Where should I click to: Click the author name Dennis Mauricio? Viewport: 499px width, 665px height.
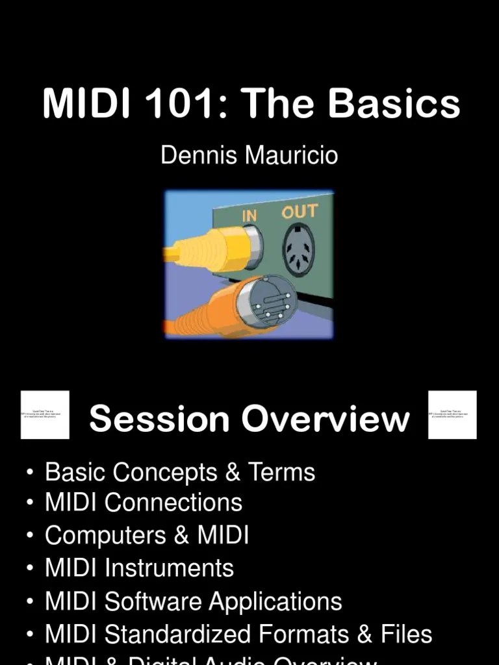coord(249,156)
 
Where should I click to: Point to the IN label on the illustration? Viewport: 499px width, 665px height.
coord(249,215)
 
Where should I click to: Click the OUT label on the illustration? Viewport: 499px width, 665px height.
coord(299,212)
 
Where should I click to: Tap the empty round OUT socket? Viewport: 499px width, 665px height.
coord(299,249)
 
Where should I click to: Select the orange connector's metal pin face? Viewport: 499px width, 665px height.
coord(266,302)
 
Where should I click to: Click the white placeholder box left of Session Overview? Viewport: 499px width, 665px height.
coord(45,414)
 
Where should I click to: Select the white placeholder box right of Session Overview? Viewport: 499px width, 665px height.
coord(453,414)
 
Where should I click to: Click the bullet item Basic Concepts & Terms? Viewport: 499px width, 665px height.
coord(179,472)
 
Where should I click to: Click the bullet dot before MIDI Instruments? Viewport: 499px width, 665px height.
coord(31,569)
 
